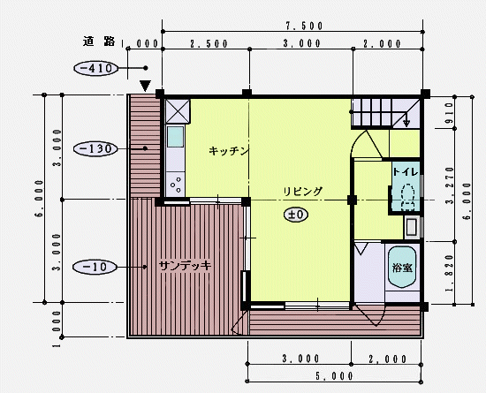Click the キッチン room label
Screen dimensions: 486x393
229,151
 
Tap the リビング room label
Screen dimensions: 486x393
303,191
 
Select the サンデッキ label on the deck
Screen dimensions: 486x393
185,266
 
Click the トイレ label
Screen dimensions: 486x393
406,172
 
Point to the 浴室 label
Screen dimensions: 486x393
402,268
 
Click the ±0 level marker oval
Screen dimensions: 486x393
296,215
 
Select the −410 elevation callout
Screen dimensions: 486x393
96,68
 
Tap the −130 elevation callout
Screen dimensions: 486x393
95,149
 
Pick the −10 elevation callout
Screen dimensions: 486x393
95,267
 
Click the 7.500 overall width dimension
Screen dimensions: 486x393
304,26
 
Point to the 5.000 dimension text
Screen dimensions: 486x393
334,376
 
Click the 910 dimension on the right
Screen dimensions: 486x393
449,113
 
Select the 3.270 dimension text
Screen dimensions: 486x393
450,185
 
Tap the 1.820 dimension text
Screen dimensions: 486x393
449,274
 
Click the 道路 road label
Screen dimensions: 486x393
99,42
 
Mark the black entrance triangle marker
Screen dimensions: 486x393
145,86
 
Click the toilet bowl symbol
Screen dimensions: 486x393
408,197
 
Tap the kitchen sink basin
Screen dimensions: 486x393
176,137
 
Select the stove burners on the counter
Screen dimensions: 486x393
176,185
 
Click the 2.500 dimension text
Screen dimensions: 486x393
209,43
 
